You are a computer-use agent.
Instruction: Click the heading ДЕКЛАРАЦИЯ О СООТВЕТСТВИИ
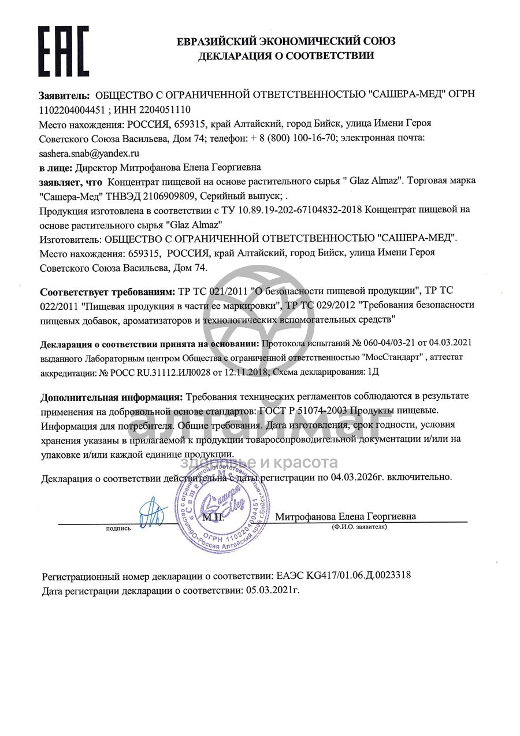(286, 56)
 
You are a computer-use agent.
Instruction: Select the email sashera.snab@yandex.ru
(90, 153)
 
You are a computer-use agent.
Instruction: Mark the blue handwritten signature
(152, 512)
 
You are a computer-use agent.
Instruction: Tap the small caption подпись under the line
(118, 528)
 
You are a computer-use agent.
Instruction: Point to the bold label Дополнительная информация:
(110, 397)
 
